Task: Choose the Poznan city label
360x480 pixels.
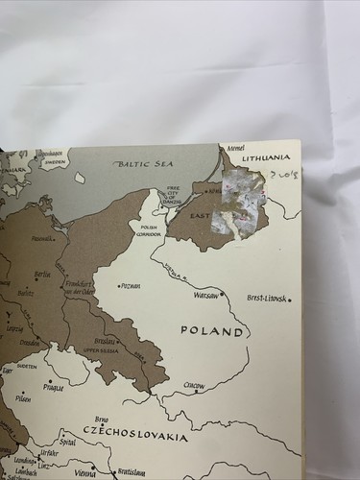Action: pos(132,285)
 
